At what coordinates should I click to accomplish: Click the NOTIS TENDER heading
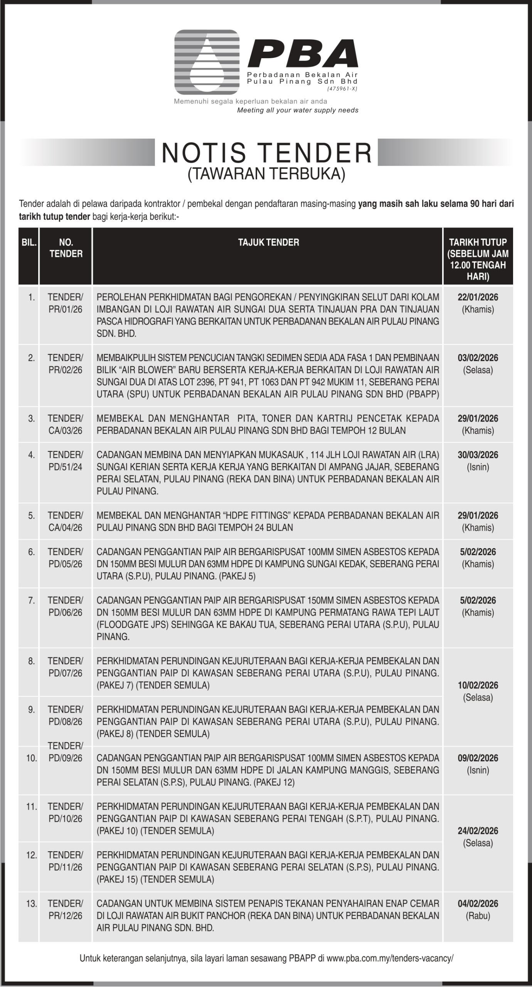[266, 153]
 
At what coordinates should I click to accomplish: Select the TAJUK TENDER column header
[268, 243]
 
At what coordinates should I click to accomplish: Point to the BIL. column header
[29, 243]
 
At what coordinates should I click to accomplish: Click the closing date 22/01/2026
[478, 297]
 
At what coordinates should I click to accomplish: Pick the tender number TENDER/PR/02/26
[66, 364]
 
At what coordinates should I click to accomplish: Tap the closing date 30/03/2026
[478, 455]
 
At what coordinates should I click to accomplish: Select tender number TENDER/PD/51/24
[66, 461]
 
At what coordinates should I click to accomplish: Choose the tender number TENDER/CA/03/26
[66, 424]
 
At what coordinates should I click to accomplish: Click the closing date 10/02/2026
[478, 685]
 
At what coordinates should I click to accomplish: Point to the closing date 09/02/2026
[478, 758]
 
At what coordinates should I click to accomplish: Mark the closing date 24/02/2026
[478, 831]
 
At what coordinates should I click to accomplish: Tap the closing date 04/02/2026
[478, 904]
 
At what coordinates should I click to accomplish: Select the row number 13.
[32, 904]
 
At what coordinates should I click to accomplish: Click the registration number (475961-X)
[342, 89]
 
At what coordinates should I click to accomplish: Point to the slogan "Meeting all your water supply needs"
[298, 111]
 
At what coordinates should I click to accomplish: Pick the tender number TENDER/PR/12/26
[66, 910]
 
